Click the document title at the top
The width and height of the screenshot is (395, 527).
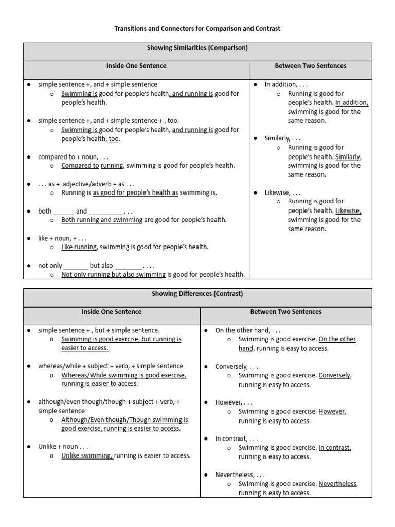pyautogui.click(x=197, y=29)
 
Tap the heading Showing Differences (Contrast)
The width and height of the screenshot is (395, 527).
pyautogui.click(x=197, y=294)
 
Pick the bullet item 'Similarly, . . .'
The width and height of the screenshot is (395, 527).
pyautogui.click(x=282, y=138)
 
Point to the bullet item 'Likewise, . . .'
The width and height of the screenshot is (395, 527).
pyautogui.click(x=282, y=192)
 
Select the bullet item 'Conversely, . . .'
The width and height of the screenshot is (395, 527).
pyautogui.click(x=237, y=366)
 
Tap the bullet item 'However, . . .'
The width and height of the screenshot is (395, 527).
pyautogui.click(x=234, y=402)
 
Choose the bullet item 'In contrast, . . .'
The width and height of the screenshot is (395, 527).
pyautogui.click(x=237, y=438)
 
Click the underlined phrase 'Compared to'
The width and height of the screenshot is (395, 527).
pyautogui.click(x=80, y=166)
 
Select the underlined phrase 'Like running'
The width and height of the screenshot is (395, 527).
pyautogui.click(x=79, y=247)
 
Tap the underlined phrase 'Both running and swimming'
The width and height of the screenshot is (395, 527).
pyautogui.click(x=102, y=220)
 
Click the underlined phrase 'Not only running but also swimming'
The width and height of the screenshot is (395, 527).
pyautogui.click(x=113, y=274)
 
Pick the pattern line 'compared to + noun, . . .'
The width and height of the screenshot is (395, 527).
pyautogui.click(x=73, y=156)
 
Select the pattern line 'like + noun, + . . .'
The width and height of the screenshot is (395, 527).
pyautogui.click(x=62, y=238)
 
